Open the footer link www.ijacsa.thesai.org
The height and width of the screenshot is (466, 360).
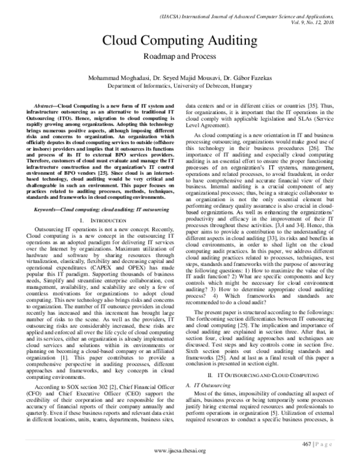pos(180,451)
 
